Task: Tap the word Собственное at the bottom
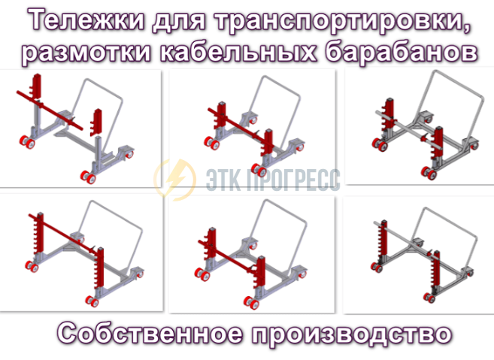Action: click(150, 333)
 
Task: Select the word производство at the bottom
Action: click(352, 334)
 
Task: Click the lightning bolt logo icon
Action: click(175, 180)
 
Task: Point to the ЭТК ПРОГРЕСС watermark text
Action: click(273, 180)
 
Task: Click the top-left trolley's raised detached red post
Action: click(97, 123)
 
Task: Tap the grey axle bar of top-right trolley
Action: click(410, 129)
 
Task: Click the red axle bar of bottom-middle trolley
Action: click(226, 256)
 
